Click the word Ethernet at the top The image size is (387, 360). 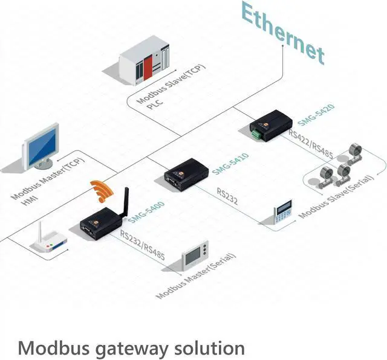[282, 33]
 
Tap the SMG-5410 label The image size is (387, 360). [231, 164]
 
